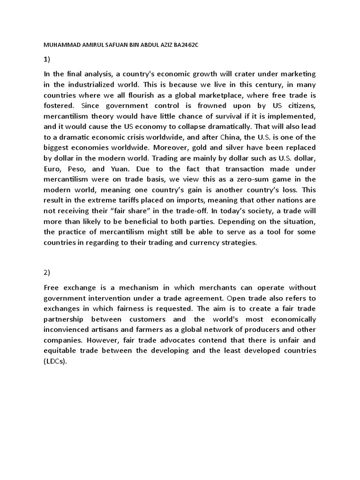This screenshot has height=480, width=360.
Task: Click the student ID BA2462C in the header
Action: (x=188, y=44)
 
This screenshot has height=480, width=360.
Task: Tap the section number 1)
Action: (x=47, y=59)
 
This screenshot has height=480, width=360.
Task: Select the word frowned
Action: (x=200, y=105)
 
